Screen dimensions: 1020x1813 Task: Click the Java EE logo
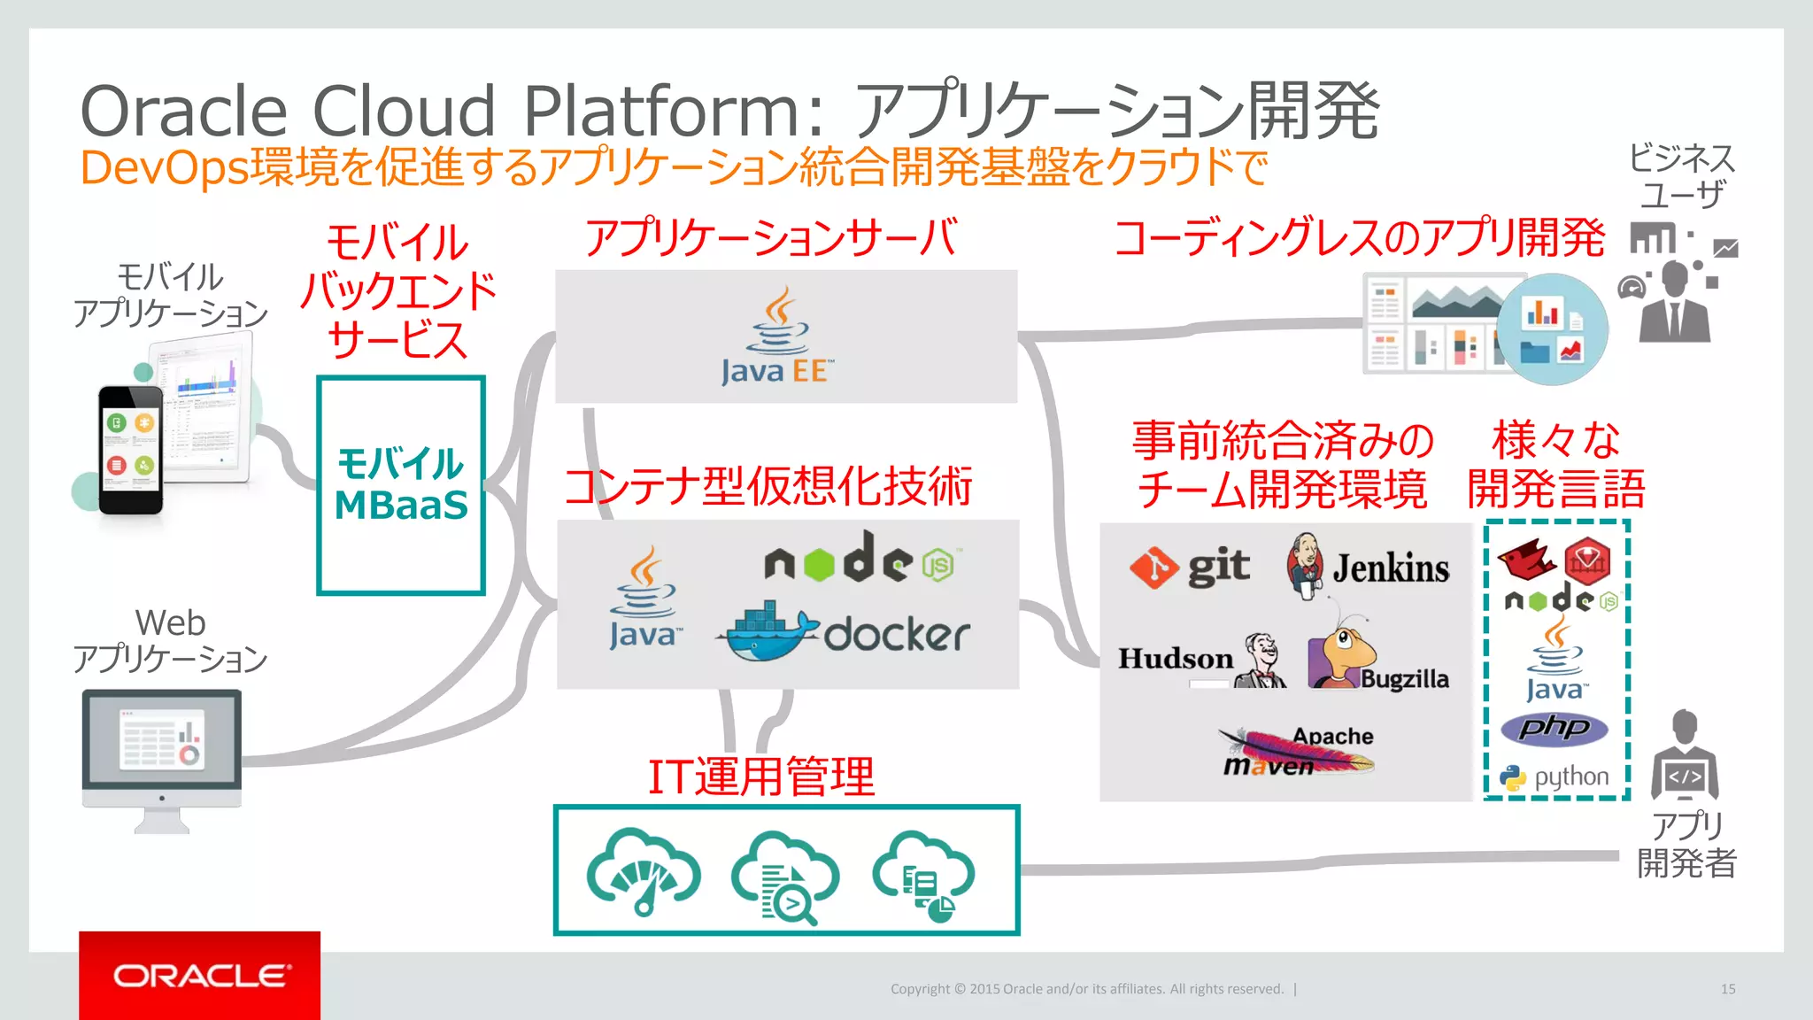pos(777,337)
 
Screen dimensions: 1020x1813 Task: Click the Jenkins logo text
pos(1391,568)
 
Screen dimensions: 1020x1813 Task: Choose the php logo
pos(1555,728)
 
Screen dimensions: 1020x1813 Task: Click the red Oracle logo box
pos(199,975)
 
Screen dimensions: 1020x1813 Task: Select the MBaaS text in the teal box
pos(401,506)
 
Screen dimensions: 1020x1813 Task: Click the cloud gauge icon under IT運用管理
pos(644,872)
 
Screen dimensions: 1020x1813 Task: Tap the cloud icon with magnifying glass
pos(785,877)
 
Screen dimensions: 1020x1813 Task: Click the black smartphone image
pos(130,450)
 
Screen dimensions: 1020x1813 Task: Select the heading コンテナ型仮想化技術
pos(768,487)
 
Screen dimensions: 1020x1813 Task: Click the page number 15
pos(1727,989)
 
